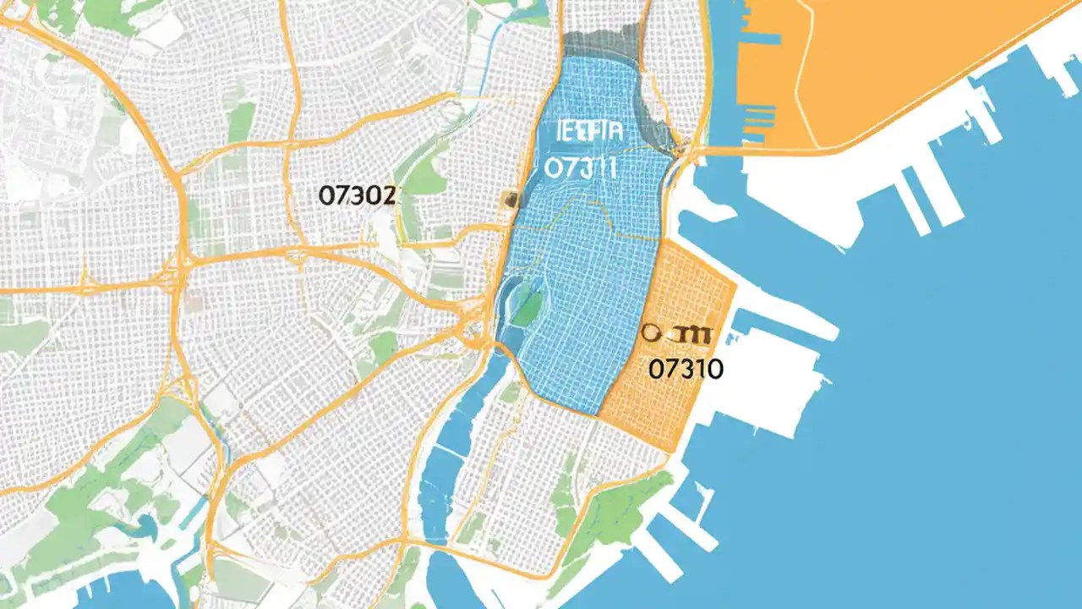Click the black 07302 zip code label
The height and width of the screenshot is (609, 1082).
pyautogui.click(x=357, y=196)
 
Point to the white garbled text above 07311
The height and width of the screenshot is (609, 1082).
pyautogui.click(x=589, y=132)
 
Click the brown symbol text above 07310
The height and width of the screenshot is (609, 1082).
pyautogui.click(x=678, y=334)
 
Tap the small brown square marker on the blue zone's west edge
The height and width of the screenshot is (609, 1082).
pyautogui.click(x=510, y=199)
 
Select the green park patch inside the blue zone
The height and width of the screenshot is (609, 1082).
pyautogui.click(x=527, y=310)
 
